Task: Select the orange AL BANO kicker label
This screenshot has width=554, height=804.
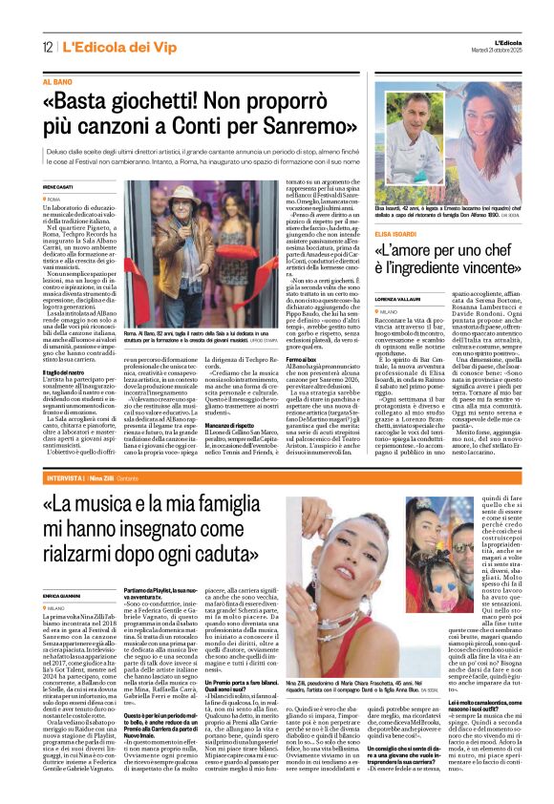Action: [56, 83]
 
